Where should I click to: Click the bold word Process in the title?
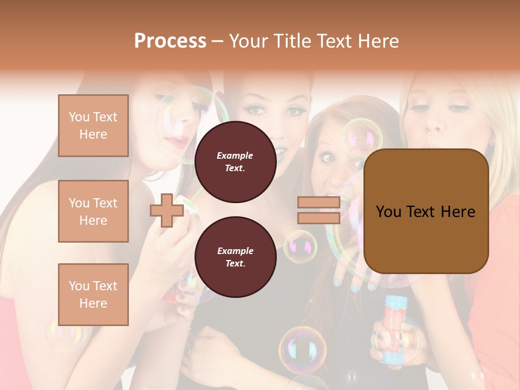pyautogui.click(x=170, y=41)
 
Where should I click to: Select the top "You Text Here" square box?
pyautogui.click(x=93, y=126)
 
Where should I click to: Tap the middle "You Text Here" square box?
pyautogui.click(x=93, y=211)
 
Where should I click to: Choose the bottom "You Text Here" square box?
pyautogui.click(x=93, y=295)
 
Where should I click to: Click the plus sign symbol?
pyautogui.click(x=166, y=211)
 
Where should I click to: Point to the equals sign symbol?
pyautogui.click(x=318, y=210)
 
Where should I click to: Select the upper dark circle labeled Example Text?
pyautogui.click(x=235, y=161)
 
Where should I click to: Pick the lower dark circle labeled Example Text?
pyautogui.click(x=235, y=257)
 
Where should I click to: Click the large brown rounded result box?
pyautogui.click(x=426, y=211)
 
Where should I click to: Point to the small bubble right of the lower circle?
pyautogui.click(x=301, y=246)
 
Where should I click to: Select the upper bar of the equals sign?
pyautogui.click(x=318, y=203)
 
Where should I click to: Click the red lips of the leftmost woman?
pyautogui.click(x=177, y=142)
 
